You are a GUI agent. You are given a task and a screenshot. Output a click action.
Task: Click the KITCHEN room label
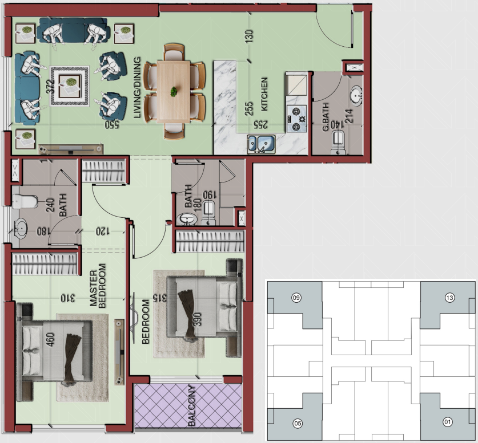pyautogui.click(x=264, y=94)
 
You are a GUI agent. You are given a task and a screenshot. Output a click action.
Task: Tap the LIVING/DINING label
pyautogui.click(x=137, y=87)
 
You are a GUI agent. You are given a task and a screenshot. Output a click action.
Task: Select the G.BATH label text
pyautogui.click(x=326, y=117)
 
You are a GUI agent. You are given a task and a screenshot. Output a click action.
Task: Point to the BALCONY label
pyautogui.click(x=191, y=405)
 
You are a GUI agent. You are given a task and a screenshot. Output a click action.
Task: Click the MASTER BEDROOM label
pyautogui.click(x=98, y=286)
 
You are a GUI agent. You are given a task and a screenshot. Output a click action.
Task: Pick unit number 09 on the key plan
pyautogui.click(x=296, y=298)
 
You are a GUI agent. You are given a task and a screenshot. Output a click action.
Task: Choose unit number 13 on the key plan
pyautogui.click(x=449, y=298)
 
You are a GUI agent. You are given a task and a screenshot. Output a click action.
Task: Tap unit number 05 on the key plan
pyautogui.click(x=298, y=423)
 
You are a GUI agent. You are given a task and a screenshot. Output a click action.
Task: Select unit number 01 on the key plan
pyautogui.click(x=448, y=422)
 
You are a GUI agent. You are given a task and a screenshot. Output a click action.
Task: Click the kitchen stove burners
pyautogui.click(x=296, y=119)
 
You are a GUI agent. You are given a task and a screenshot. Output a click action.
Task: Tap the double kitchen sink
pyautogui.click(x=262, y=144)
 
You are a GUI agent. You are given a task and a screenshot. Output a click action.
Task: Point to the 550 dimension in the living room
pyautogui.click(x=112, y=125)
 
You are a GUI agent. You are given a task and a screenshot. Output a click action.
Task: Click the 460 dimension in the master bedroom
pyautogui.click(x=50, y=340)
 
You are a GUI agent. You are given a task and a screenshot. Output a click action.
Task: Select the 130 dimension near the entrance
pyautogui.click(x=249, y=36)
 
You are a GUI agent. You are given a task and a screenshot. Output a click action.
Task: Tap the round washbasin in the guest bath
pyautogui.click(x=356, y=95)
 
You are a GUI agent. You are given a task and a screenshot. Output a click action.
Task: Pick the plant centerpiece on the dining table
pyautogui.click(x=174, y=92)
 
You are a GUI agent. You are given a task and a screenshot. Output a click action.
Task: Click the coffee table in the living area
pyautogui.click(x=70, y=86)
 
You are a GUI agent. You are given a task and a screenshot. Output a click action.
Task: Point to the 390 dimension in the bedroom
pyautogui.click(x=198, y=319)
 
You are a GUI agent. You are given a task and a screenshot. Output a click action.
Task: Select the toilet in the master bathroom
pyautogui.click(x=25, y=201)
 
